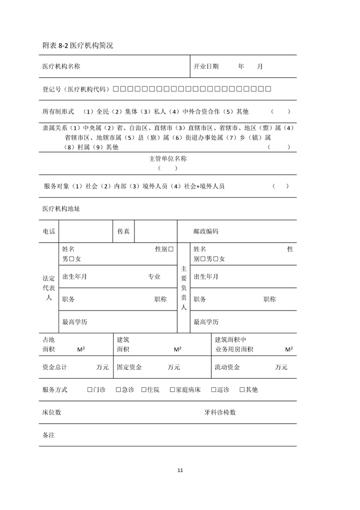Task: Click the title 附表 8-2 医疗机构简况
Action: tap(77, 45)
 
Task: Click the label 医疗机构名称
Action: tap(61, 66)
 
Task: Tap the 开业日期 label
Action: tap(206, 66)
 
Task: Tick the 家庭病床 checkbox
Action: tap(171, 390)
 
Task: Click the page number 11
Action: tap(180, 470)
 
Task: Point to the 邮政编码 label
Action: tap(206, 232)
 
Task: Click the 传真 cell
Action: tap(123, 232)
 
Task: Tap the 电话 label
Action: tap(49, 232)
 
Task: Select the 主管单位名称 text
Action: tap(168, 159)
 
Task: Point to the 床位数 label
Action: tap(52, 412)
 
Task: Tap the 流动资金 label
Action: tap(227, 367)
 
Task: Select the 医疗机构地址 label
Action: tap(61, 208)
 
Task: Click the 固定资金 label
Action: tap(129, 367)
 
